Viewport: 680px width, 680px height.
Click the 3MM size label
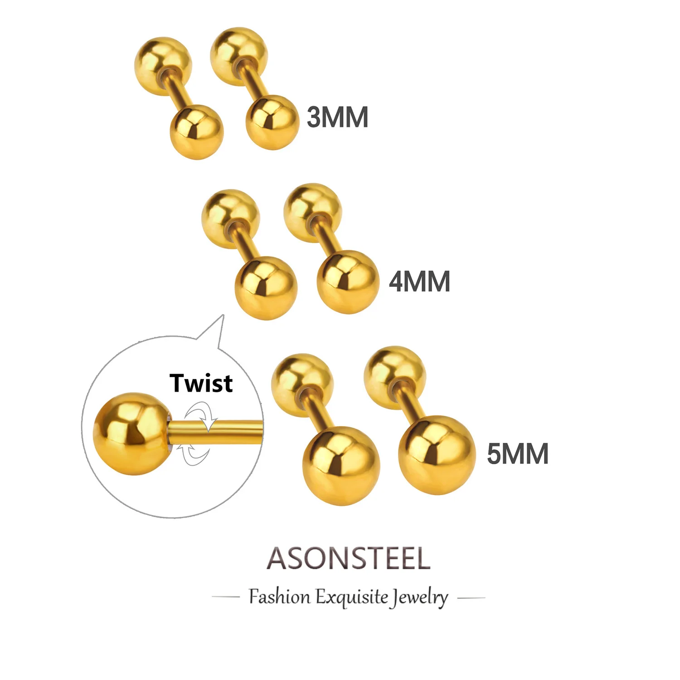pyautogui.click(x=337, y=117)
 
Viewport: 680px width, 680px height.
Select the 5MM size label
pyautogui.click(x=517, y=453)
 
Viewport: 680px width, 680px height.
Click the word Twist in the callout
pyautogui.click(x=201, y=383)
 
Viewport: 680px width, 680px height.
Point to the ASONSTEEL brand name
pyautogui.click(x=348, y=558)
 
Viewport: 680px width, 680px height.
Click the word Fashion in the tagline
pyautogui.click(x=279, y=597)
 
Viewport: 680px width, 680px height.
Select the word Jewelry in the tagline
pyautogui.click(x=420, y=597)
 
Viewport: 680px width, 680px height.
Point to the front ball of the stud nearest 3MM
pyautogui.click(x=272, y=121)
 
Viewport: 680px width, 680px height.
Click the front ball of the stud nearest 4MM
pyautogui.click(x=348, y=282)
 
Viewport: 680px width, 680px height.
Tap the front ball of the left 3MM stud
pyautogui.click(x=197, y=131)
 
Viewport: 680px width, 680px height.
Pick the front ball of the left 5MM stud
pyautogui.click(x=341, y=466)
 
